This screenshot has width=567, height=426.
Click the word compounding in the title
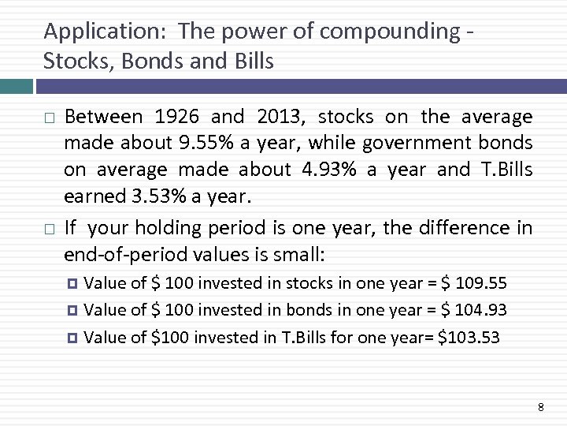(x=388, y=32)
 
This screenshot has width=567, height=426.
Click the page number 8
(x=540, y=407)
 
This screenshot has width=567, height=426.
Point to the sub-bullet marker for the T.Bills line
(x=75, y=338)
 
